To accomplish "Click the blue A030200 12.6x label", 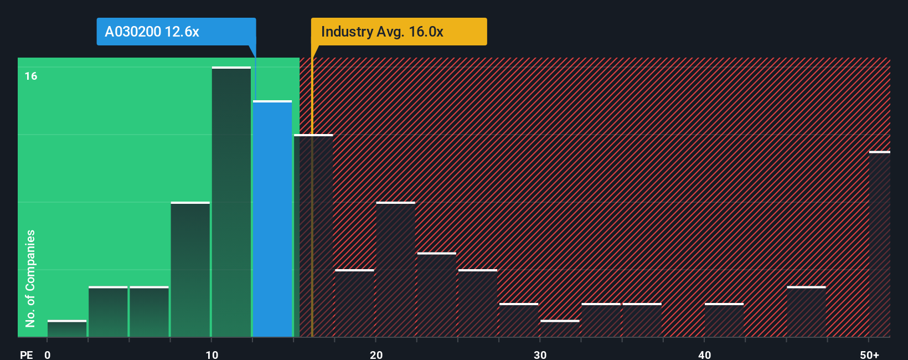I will (176, 32).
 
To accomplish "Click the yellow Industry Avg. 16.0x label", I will (399, 32).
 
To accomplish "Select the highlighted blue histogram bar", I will (272, 219).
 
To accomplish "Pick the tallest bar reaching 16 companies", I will (231, 202).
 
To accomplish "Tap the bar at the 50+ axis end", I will (879, 244).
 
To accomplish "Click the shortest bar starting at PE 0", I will (67, 329).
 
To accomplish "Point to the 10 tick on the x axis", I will (212, 354).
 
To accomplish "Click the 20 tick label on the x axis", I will (376, 354).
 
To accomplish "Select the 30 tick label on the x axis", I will (540, 354).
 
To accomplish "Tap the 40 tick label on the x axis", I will (704, 354).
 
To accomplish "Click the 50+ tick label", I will (870, 354).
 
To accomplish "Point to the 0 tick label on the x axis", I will (48, 354).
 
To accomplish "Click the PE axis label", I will (26, 354).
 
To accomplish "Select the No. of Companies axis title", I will (30, 278).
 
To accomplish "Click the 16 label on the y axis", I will (31, 76).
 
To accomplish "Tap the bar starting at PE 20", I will (395, 270).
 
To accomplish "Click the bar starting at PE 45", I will (806, 312).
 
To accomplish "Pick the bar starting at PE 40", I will (724, 320).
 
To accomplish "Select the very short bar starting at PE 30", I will (560, 328).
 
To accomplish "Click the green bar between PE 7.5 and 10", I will (190, 270).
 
